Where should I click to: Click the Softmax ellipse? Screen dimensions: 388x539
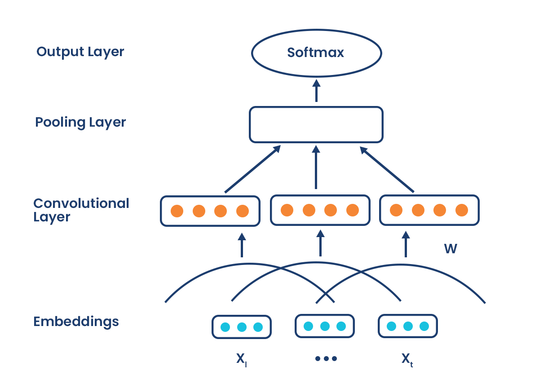316,53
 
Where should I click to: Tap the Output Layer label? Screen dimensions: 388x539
80,52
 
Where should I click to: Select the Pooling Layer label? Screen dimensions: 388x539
80,122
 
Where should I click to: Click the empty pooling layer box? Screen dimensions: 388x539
316,124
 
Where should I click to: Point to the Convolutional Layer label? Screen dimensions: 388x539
81,210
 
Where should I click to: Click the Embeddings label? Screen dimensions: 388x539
76,322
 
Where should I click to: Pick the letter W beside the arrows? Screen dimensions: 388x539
451,249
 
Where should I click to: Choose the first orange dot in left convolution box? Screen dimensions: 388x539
177,211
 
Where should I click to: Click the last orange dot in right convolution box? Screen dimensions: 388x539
462,210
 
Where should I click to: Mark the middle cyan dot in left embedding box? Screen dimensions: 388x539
242,327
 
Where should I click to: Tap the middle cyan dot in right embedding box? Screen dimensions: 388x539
408,326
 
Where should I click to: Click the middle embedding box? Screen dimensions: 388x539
325,326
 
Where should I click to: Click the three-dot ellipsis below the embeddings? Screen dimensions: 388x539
326,359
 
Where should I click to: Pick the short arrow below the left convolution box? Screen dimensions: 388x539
242,245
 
